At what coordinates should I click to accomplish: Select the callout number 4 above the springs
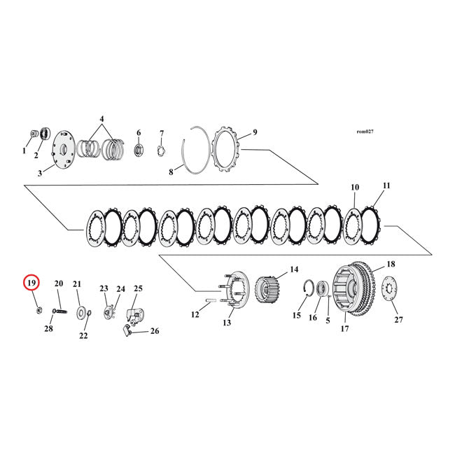101,119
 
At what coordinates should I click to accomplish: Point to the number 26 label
154,331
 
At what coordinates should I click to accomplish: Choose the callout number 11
386,185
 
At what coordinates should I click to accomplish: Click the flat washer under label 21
82,311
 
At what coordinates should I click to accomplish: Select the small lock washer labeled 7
160,149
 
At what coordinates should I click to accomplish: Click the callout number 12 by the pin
195,315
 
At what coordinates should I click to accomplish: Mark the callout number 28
49,328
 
